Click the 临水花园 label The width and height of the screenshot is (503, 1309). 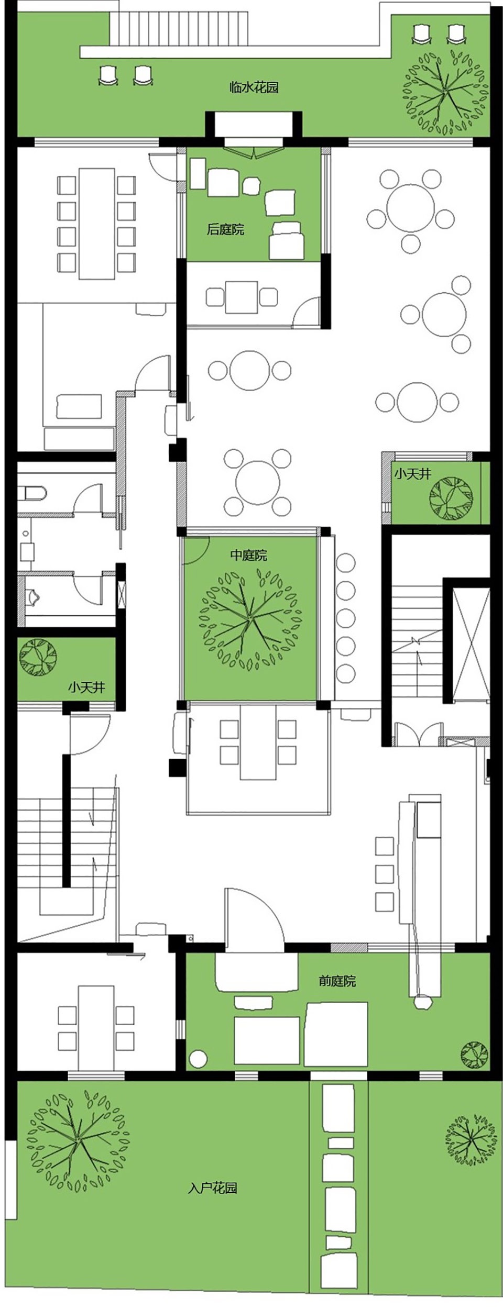254,87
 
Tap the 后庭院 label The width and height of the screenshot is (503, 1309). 225,229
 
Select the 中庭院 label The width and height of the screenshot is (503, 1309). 249,555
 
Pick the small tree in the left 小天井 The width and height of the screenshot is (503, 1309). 38,657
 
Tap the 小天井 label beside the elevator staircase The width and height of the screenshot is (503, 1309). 413,474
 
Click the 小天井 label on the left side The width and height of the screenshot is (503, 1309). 86,687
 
